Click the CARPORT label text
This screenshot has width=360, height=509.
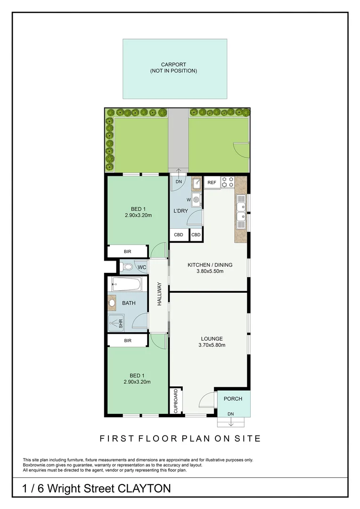coord(173,65)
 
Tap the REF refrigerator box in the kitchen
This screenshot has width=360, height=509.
coord(212,182)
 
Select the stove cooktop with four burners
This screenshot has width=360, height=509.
coord(228,182)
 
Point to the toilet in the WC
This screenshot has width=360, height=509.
coord(127,267)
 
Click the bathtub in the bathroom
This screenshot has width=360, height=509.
coord(126,284)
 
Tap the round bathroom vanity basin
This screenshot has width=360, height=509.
coord(112,303)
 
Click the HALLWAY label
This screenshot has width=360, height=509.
coord(159,294)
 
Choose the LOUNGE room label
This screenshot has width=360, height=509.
coord(212,338)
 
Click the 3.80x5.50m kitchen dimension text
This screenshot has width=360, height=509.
coord(210,271)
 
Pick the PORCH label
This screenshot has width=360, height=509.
coord(233,399)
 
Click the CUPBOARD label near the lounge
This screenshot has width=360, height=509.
coord(176,401)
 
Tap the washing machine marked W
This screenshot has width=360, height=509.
coord(196,200)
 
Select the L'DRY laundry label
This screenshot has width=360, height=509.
coord(181,211)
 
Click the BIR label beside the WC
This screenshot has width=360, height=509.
coord(128,252)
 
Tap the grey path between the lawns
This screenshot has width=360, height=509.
coord(178,139)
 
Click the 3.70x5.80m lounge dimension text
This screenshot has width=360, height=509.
coord(212,345)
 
